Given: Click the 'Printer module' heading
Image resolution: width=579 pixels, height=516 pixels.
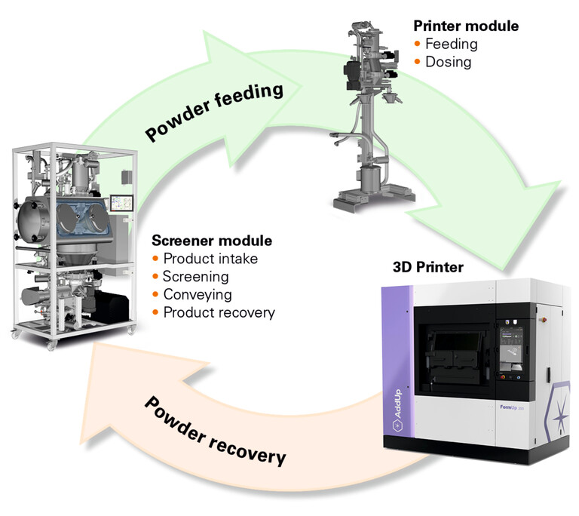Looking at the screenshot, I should (x=466, y=26).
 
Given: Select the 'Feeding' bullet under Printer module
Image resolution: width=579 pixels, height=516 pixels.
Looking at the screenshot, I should (x=451, y=44).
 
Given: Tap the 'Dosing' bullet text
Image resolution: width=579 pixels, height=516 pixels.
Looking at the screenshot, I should (x=448, y=62).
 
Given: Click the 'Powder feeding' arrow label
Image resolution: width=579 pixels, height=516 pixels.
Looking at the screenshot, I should (x=216, y=112).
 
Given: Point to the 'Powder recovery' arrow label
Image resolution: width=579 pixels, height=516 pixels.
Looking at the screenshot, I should (x=215, y=428).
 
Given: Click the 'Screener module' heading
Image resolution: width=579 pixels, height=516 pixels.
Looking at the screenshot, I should (x=212, y=241).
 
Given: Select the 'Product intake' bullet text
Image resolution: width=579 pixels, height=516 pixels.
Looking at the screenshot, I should (x=210, y=260).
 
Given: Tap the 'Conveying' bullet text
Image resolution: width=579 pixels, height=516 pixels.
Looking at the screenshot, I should (x=198, y=294).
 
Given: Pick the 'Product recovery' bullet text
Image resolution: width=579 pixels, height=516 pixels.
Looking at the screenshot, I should (x=219, y=312).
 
